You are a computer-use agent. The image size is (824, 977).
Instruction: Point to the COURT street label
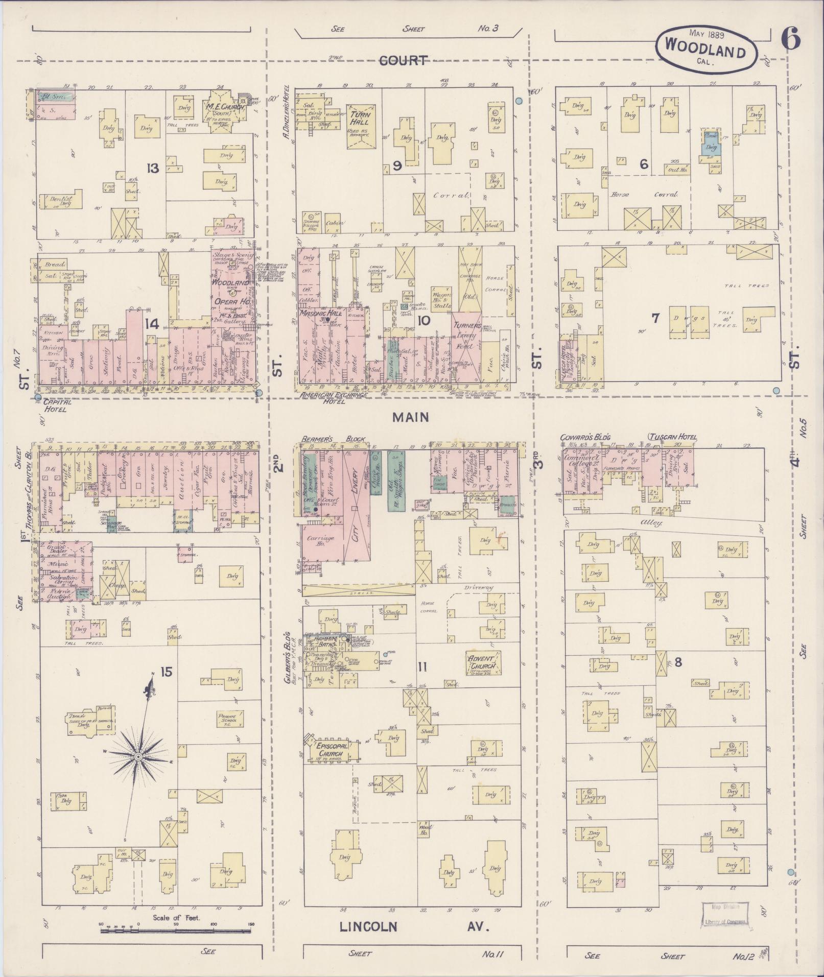(x=403, y=61)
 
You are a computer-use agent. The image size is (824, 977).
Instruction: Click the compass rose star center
(x=138, y=756)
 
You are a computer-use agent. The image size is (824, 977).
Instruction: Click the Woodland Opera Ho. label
(x=231, y=289)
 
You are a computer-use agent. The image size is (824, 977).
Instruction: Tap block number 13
(x=152, y=168)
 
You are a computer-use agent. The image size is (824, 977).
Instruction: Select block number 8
(x=678, y=662)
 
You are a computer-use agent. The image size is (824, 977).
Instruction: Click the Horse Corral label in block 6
(x=644, y=195)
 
